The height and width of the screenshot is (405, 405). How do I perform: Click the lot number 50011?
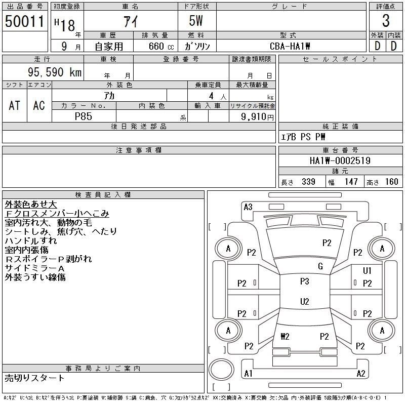24,21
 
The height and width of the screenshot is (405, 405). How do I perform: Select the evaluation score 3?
386,21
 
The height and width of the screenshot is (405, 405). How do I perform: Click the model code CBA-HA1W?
291,46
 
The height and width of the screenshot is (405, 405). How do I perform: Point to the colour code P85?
83,116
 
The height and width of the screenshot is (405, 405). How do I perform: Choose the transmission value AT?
14,105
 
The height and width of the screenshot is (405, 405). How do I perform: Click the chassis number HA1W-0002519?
340,161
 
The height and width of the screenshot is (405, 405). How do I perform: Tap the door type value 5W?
197,21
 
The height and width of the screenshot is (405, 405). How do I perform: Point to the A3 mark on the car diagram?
248,207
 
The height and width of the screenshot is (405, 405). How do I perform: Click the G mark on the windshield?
320,266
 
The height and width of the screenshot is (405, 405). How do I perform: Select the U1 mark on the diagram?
367,271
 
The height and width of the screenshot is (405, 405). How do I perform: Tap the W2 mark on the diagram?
285,336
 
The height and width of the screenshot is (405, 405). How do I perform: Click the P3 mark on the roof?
304,281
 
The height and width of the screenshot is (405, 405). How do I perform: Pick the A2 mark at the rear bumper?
361,374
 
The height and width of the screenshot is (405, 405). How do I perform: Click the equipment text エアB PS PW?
303,137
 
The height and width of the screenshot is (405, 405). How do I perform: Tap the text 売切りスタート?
34,378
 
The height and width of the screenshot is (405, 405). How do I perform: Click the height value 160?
391,182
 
